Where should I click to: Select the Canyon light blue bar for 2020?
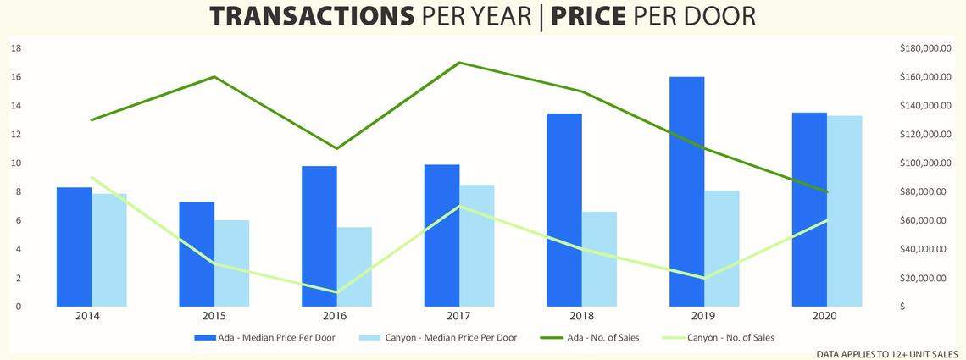click(845, 212)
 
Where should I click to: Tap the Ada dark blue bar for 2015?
click(197, 254)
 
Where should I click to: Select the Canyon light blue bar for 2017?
click(477, 246)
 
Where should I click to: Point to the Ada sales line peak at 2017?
click(458, 63)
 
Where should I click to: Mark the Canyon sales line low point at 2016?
click(336, 292)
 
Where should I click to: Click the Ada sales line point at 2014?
click(92, 119)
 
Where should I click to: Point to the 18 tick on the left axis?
click(15, 48)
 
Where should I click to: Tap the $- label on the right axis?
click(904, 307)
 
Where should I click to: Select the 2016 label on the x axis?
click(336, 316)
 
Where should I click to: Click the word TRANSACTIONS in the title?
click(311, 17)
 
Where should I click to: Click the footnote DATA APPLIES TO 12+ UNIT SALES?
click(887, 353)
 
